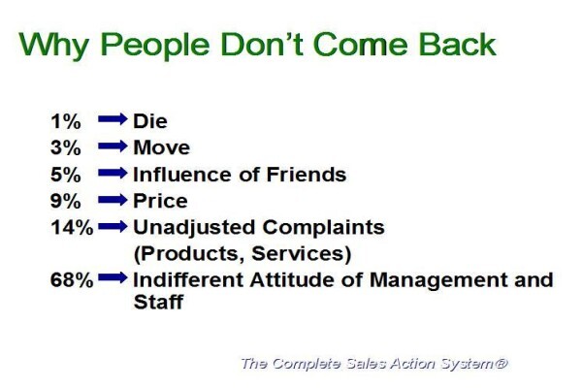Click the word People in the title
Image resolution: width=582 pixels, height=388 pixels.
point(155,46)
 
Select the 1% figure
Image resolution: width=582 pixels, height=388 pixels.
point(65,121)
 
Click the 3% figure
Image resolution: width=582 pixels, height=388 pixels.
point(65,147)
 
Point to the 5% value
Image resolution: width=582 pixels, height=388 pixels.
point(65,175)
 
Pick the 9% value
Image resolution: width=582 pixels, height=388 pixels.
point(65,201)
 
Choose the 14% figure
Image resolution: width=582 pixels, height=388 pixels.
point(72,228)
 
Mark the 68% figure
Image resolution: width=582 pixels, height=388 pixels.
point(72,280)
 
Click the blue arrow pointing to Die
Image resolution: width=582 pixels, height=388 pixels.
point(113,119)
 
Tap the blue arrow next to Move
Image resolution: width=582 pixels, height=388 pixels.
point(113,145)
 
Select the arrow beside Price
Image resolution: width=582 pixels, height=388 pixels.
point(113,200)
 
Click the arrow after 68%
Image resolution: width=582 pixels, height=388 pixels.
point(113,277)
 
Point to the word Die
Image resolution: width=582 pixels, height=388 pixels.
point(150,121)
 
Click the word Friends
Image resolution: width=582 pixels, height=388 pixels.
point(307,175)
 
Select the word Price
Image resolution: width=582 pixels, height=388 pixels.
point(160,201)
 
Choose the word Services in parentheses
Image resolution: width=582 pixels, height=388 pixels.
point(302,254)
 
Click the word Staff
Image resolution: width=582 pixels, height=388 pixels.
point(158,302)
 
